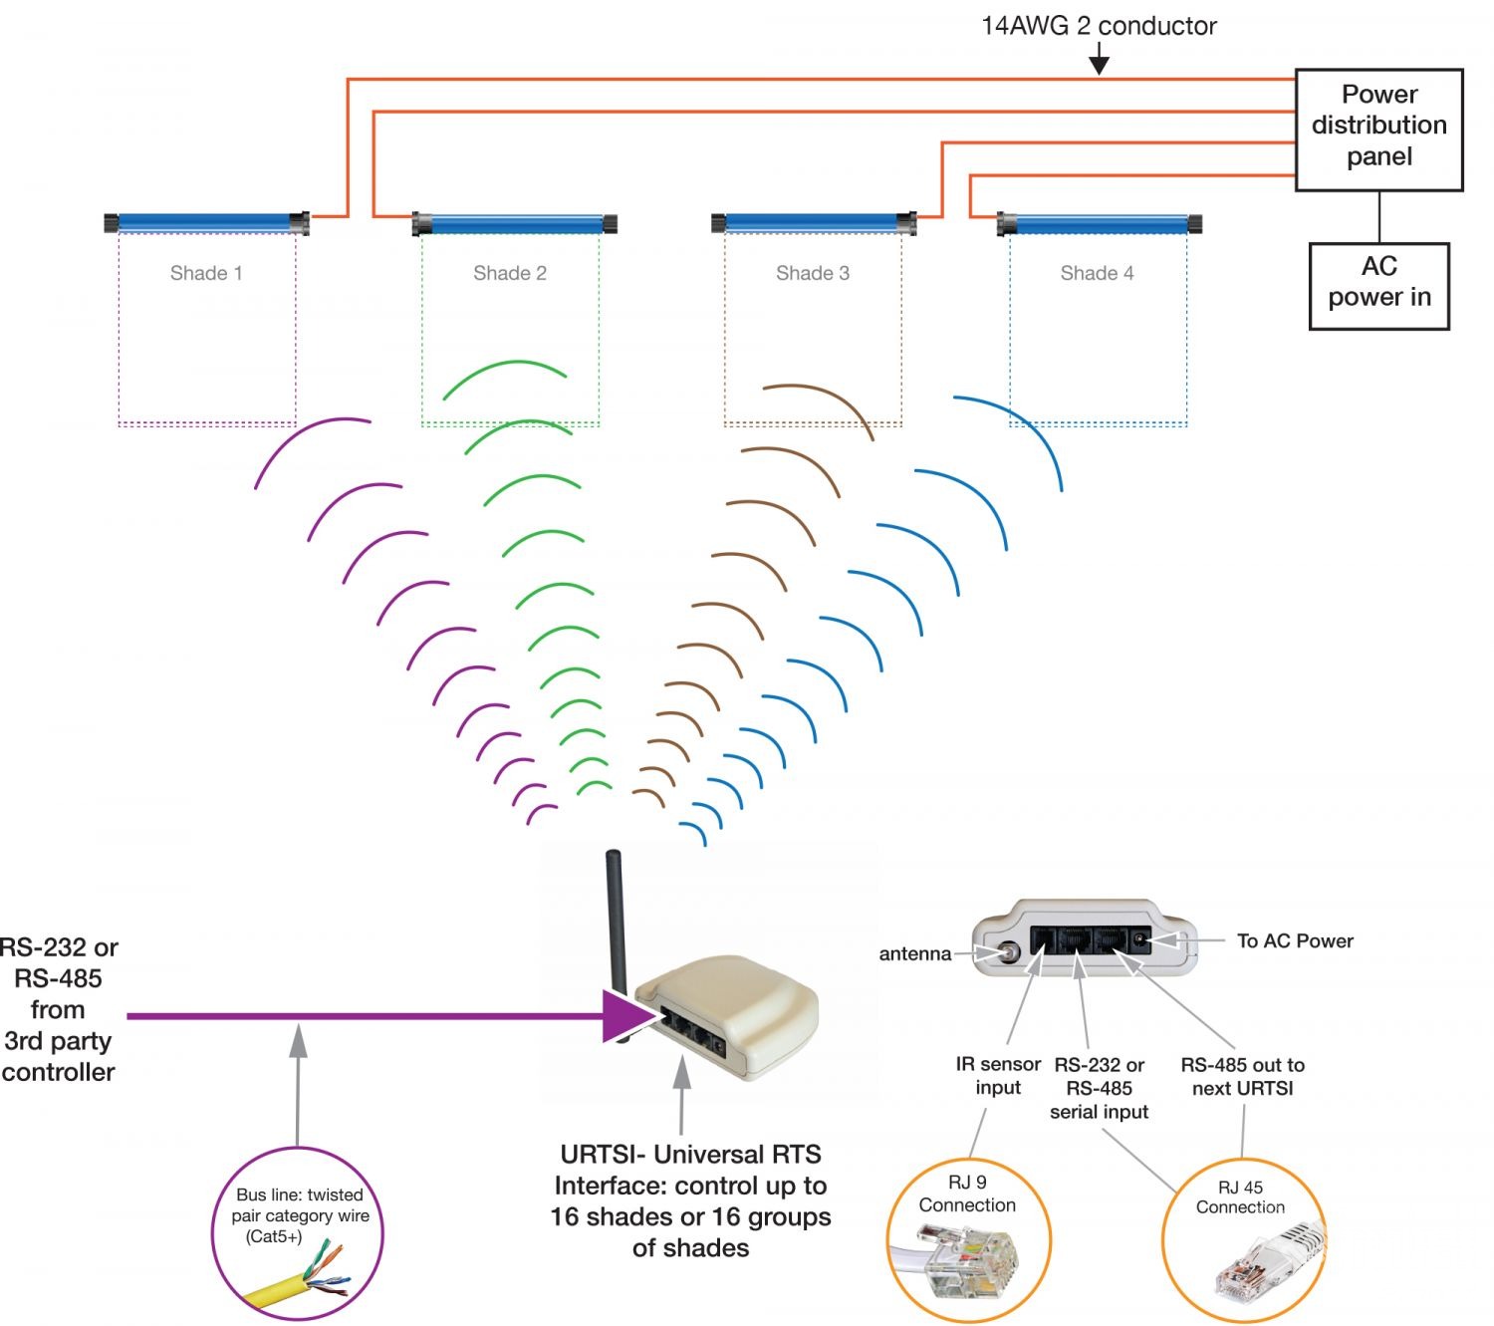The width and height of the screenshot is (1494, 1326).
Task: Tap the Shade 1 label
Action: pos(206,273)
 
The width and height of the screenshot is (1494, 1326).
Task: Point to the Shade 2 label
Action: pos(510,273)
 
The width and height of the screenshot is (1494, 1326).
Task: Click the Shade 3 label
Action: pos(813,273)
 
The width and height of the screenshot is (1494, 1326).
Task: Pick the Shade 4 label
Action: pos(1097,273)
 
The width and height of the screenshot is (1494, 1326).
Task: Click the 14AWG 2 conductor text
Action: pos(1099,26)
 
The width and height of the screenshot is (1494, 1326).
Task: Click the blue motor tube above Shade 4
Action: pos(1100,223)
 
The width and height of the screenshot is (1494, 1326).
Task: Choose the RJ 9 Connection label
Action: pos(967,1193)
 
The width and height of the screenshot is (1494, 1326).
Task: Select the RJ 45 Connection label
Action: pos(1240,1196)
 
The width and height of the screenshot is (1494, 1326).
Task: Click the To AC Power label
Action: pos(1295,940)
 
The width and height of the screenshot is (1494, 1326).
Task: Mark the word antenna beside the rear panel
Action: pos(914,953)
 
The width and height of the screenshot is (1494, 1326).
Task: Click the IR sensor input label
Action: pos(998,1076)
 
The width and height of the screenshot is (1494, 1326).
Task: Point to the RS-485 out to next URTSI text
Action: pos(1242,1076)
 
